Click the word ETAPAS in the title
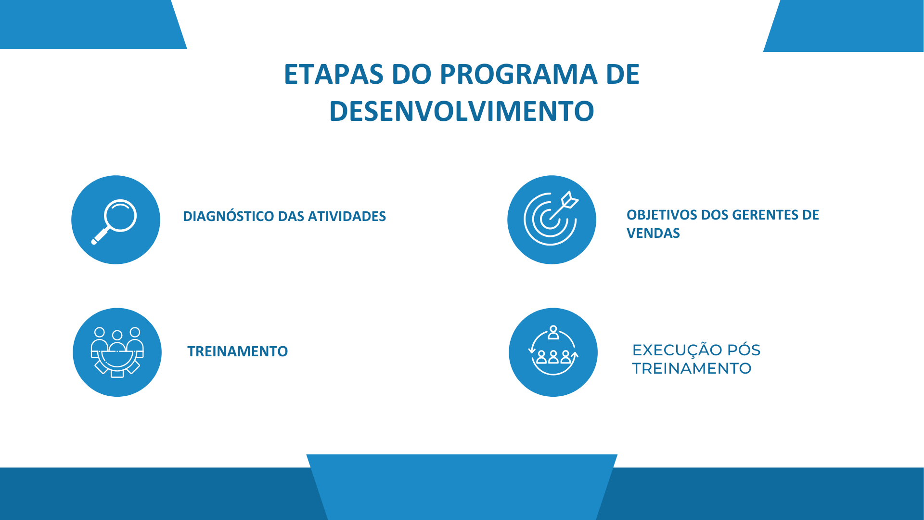pyautogui.click(x=334, y=74)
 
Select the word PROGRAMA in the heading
pyautogui.click(x=518, y=74)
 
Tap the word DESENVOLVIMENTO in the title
pyautogui.click(x=462, y=111)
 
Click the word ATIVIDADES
pyautogui.click(x=346, y=216)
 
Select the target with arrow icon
pyautogui.click(x=551, y=219)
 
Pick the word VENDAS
pyautogui.click(x=653, y=233)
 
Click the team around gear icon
pyautogui.click(x=117, y=352)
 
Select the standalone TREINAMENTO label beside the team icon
pyautogui.click(x=238, y=351)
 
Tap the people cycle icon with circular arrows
pyautogui.click(x=553, y=351)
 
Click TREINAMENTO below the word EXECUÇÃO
pyautogui.click(x=692, y=368)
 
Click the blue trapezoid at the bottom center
pyautogui.click(x=462, y=487)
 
